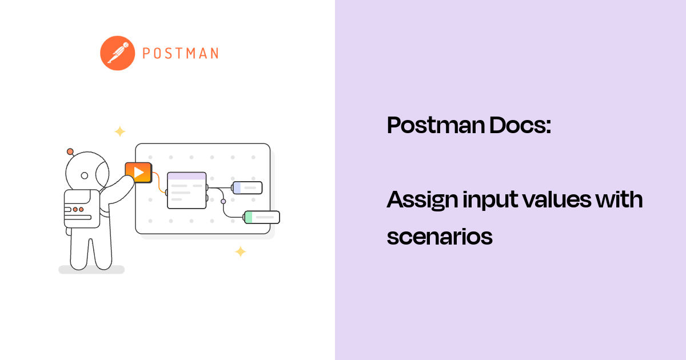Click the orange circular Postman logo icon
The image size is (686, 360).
117,53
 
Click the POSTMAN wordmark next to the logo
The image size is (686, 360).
180,54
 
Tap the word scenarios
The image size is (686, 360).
439,236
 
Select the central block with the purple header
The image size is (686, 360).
186,190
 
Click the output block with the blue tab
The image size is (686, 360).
247,187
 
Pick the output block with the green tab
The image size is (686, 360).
262,217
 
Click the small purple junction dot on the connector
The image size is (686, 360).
224,201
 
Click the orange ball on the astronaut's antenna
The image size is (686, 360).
70,151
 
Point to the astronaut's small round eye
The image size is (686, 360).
85,175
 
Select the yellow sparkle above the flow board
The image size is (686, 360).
119,131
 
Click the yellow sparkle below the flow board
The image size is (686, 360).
241,251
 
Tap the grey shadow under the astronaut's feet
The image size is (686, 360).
91,270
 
